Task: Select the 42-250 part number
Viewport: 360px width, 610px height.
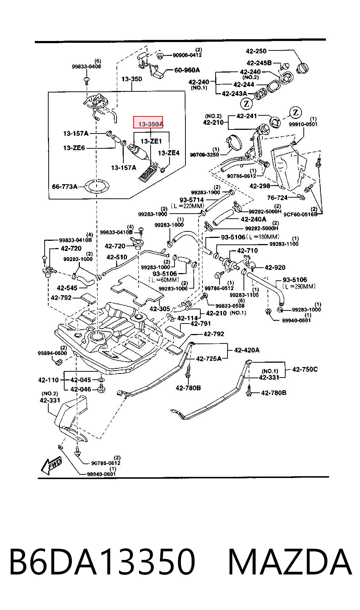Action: (256, 51)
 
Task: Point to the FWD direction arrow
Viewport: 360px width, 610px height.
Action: (51, 465)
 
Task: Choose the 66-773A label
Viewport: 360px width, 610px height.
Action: (65, 186)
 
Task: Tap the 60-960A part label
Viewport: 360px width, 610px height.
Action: (187, 70)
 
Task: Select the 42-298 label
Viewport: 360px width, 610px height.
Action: (260, 186)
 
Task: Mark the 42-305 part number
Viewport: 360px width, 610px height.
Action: (160, 309)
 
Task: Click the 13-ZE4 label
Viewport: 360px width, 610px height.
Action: (169, 153)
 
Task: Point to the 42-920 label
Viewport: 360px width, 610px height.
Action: (275, 267)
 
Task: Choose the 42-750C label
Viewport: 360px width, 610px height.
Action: (305, 369)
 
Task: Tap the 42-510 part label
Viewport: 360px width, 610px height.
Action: (116, 257)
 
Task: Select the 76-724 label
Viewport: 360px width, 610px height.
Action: (277, 198)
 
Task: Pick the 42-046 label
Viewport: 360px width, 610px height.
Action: (81, 389)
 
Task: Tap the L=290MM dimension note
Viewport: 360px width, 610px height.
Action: (299, 286)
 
